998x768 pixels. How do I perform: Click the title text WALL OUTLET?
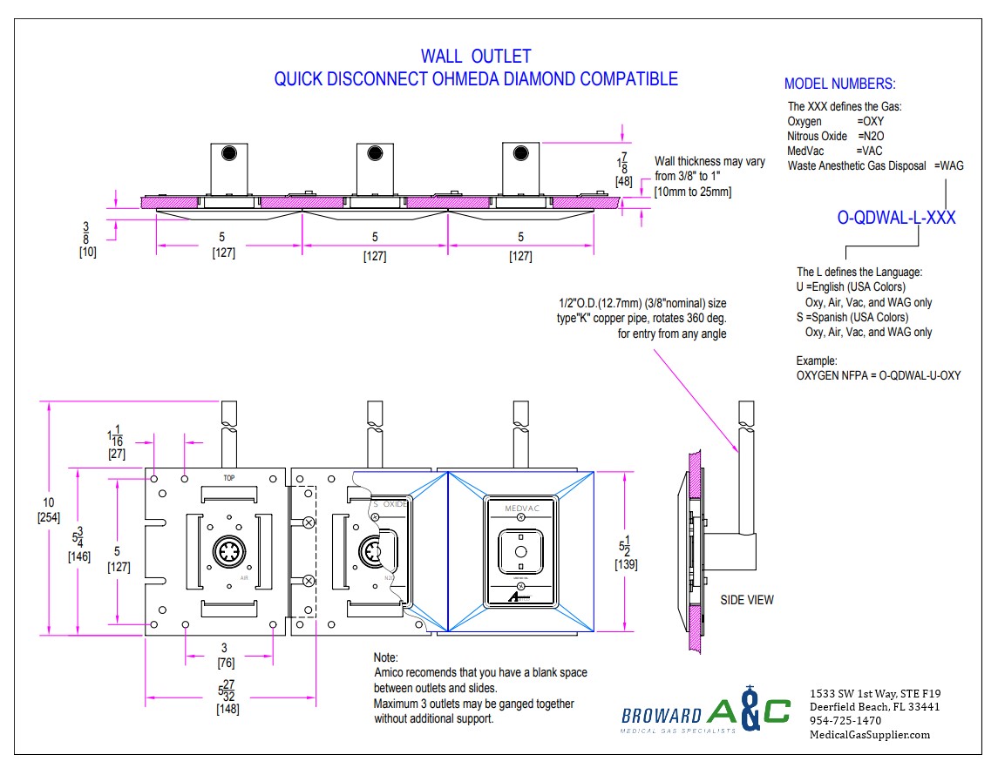tap(476, 57)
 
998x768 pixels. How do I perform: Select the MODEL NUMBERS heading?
tap(839, 84)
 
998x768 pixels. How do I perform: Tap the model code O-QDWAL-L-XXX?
tap(896, 218)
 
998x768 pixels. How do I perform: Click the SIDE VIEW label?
tap(747, 600)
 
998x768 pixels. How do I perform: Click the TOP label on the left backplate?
tap(229, 478)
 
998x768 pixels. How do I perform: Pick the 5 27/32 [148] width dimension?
tap(227, 697)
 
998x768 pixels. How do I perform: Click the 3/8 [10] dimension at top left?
tap(85, 244)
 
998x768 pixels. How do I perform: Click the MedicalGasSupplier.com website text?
tap(870, 735)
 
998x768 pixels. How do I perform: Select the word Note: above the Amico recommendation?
tap(386, 657)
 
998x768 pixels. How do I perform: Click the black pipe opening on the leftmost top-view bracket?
tap(229, 154)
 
